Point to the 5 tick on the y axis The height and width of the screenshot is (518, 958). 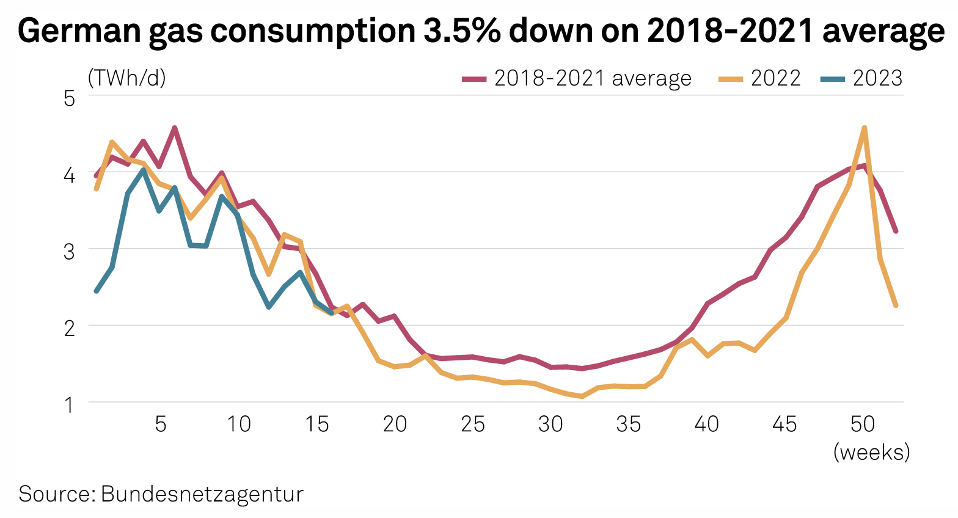[69, 98]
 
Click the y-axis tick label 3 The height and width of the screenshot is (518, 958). [69, 250]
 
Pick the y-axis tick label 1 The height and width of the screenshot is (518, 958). [69, 404]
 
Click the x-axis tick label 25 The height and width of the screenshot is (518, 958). [473, 424]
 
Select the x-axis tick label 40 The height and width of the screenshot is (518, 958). [707, 424]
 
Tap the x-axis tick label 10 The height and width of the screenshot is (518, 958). [239, 424]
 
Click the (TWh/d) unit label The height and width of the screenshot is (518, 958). [127, 78]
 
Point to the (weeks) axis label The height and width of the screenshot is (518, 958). [871, 453]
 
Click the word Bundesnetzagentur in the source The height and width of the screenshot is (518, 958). [202, 494]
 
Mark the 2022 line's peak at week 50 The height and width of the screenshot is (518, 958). [864, 128]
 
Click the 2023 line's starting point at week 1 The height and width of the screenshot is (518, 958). [97, 291]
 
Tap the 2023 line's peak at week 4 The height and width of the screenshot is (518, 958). [144, 170]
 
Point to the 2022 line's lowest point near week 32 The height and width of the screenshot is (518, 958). [582, 396]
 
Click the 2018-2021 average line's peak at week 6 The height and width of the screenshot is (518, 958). [175, 128]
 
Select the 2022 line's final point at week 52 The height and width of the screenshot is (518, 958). [896, 305]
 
